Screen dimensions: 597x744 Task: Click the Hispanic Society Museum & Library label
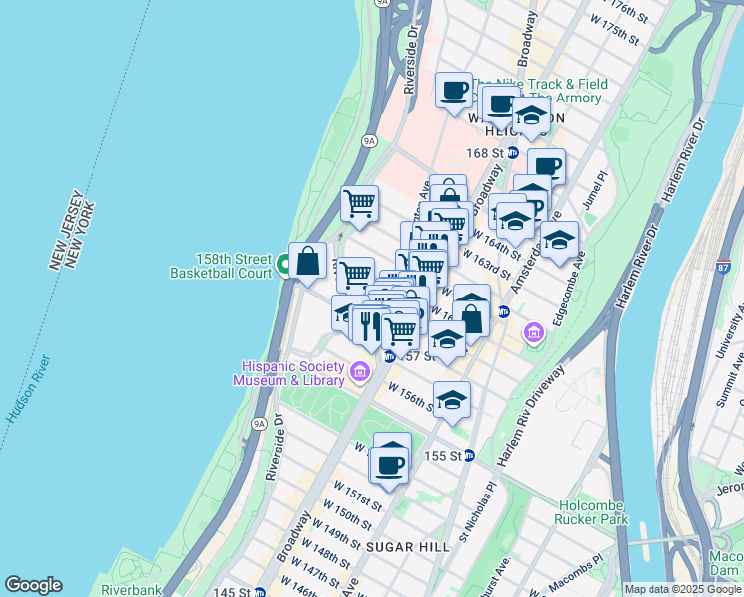(x=288, y=373)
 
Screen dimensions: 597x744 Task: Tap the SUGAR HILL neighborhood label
(x=402, y=546)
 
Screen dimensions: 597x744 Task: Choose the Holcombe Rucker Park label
(x=593, y=511)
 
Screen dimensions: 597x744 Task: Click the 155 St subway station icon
(x=469, y=456)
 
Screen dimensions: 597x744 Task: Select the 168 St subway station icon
(x=513, y=153)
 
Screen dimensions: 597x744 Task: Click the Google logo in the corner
(x=32, y=585)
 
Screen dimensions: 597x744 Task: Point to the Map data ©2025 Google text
(x=682, y=589)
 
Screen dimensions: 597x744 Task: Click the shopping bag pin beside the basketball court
(x=308, y=261)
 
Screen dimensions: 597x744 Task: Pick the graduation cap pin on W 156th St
(x=452, y=401)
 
